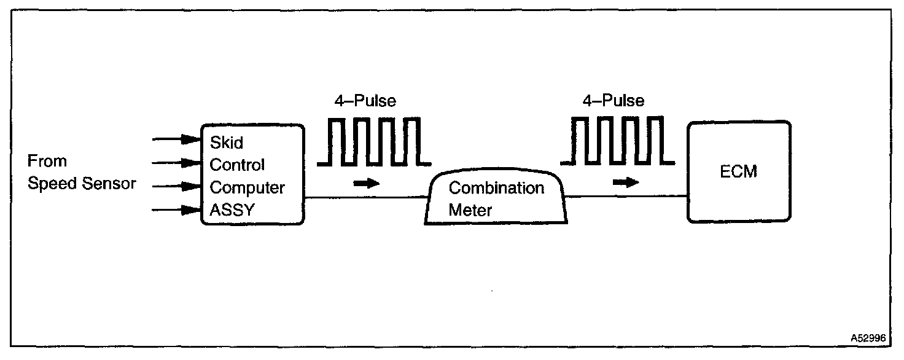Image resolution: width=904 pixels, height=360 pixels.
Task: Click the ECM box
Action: tap(738, 171)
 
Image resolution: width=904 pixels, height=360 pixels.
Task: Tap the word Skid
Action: tap(227, 143)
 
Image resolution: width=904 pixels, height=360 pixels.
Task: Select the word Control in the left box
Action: tap(238, 165)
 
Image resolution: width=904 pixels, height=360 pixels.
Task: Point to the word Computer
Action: tap(247, 187)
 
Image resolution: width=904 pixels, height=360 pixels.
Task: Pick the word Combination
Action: tap(496, 187)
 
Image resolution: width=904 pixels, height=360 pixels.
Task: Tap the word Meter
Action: tap(470, 210)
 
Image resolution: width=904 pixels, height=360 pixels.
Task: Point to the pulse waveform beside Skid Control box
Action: tap(373, 143)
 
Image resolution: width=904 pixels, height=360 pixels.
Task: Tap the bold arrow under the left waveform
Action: tap(367, 183)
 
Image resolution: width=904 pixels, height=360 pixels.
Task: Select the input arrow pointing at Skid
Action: tap(178, 140)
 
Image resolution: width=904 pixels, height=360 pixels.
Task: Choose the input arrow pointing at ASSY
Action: tap(178, 211)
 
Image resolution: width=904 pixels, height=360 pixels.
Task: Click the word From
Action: tap(47, 162)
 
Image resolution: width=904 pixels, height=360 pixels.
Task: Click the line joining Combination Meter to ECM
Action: tap(626, 197)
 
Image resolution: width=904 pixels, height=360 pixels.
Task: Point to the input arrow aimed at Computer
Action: tap(178, 187)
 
